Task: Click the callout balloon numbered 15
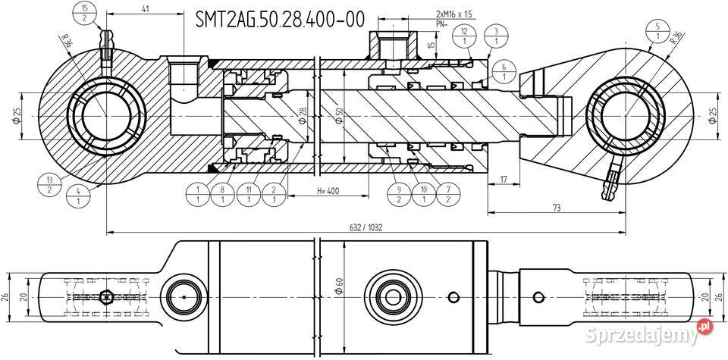pos(83,13)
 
